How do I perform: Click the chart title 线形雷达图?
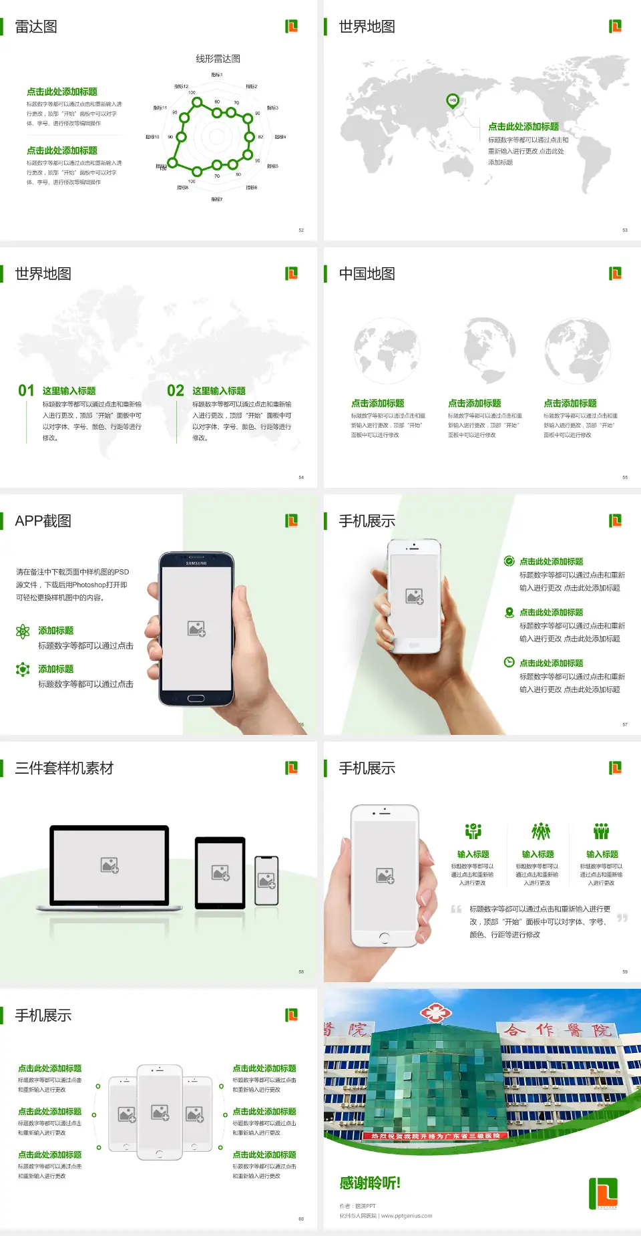point(218,59)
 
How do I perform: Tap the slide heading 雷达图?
point(36,27)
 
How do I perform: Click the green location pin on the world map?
point(452,101)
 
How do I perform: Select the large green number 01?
point(26,391)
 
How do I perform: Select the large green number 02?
point(176,391)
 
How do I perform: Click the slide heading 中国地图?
point(367,274)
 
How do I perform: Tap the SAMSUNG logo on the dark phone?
point(196,563)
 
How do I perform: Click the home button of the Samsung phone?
point(196,698)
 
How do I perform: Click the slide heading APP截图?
point(43,521)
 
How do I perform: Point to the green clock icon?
point(509,662)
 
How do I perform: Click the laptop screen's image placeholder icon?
point(110,865)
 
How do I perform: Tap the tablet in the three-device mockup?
point(220,873)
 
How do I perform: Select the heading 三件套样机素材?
point(64,768)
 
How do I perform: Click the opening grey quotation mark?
point(456,909)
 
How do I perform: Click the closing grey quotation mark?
point(622,918)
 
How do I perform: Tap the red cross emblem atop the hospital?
point(435,1013)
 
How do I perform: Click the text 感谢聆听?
point(370,1183)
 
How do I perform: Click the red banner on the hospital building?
point(435,1136)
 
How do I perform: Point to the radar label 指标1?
point(217,75)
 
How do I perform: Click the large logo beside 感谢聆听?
point(604,1193)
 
